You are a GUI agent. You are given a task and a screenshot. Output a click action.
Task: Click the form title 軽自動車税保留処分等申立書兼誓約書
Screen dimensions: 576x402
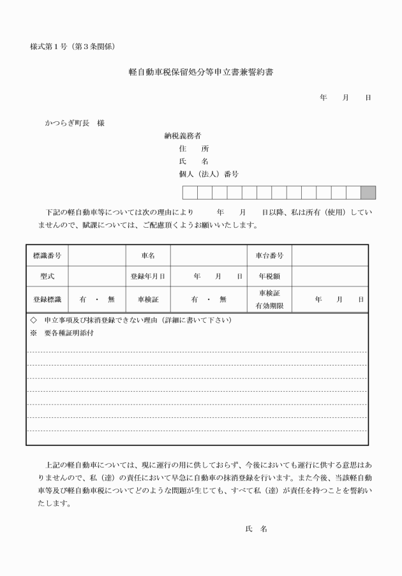click(201, 73)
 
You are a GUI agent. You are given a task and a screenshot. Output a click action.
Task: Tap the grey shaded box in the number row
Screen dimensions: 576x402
click(368, 193)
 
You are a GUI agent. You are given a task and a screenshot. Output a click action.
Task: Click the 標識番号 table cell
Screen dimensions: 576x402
click(47, 256)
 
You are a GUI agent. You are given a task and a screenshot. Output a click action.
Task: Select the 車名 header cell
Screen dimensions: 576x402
click(147, 256)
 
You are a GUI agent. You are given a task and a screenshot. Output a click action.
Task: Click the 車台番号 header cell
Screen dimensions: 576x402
click(269, 256)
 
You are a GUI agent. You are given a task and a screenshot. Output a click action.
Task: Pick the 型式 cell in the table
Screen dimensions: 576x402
click(47, 277)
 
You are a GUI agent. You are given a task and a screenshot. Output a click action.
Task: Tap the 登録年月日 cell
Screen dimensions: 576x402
click(147, 277)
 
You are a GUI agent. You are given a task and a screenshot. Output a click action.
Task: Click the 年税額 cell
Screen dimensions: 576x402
click(269, 277)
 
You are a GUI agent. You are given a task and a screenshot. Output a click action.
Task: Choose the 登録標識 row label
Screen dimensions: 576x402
click(47, 299)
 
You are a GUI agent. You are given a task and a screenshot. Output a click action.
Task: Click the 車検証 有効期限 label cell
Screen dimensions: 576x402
click(269, 299)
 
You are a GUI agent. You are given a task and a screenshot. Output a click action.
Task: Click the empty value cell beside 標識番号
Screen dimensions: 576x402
click(96, 256)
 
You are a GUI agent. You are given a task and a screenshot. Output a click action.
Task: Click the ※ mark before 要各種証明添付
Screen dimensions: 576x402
click(34, 333)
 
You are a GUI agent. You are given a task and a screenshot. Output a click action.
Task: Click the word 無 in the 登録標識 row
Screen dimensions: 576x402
click(111, 299)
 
